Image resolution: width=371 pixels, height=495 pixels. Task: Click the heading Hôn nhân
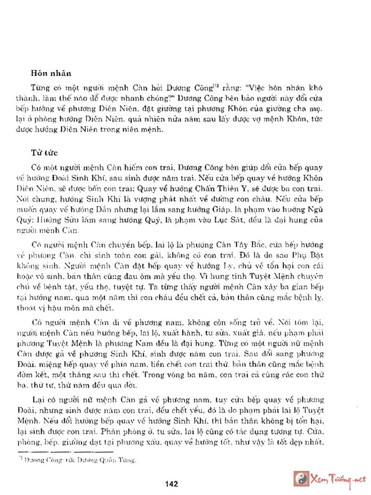(x=50, y=73)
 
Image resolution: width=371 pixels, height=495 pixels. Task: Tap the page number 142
(x=172, y=484)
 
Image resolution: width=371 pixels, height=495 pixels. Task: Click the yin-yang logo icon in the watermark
(x=301, y=478)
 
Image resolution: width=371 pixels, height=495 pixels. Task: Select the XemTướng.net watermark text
(x=338, y=479)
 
